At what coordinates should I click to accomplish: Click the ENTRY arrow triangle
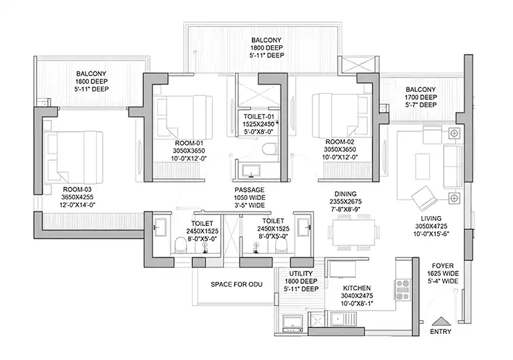click(x=441, y=321)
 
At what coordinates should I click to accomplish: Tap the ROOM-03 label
click(x=77, y=189)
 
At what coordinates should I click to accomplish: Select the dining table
click(x=354, y=232)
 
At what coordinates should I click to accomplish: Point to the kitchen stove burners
click(x=403, y=289)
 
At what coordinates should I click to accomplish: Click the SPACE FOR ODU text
click(x=237, y=285)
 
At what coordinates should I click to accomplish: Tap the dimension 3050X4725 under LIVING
click(x=431, y=226)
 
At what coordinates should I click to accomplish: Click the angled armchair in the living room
click(x=424, y=198)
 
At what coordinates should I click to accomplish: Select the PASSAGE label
click(x=249, y=190)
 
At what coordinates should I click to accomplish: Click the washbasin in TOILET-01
click(x=251, y=171)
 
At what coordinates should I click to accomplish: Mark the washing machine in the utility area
click(x=292, y=324)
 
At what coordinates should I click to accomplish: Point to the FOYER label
click(x=442, y=266)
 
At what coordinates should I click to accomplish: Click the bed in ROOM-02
click(x=340, y=116)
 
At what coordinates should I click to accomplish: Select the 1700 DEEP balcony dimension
click(x=421, y=97)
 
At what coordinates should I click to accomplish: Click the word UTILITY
click(x=300, y=273)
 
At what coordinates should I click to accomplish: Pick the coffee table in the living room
click(x=422, y=166)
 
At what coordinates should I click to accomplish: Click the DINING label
click(x=346, y=194)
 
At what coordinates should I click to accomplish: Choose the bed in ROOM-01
click(x=184, y=117)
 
